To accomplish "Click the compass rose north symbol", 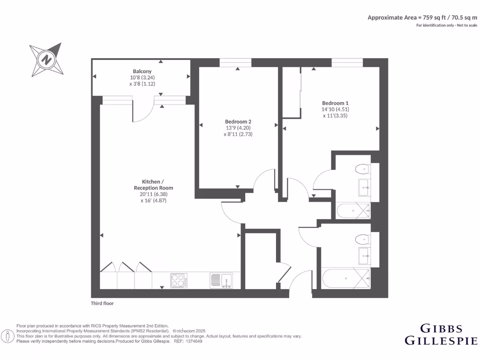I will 46,60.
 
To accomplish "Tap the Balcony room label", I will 142,72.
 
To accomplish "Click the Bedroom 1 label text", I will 335,103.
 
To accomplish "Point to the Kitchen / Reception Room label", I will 154,185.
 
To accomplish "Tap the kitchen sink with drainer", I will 221,280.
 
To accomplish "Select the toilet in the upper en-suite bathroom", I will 362,169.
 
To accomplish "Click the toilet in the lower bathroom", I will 362,240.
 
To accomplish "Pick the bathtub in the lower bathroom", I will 346,279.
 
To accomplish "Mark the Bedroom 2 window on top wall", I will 235,62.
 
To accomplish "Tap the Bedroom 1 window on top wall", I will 347,62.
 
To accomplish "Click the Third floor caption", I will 102,303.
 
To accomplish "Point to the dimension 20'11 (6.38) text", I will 154,194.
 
